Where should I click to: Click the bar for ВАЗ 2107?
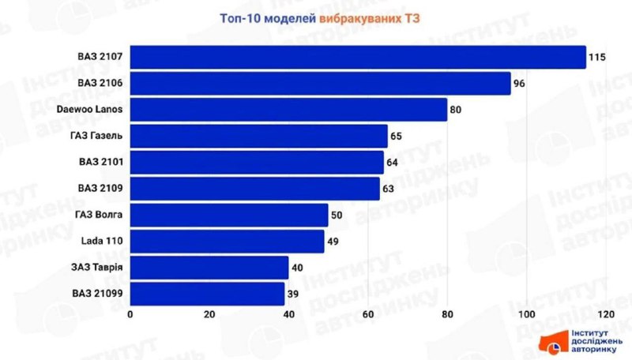[x=358, y=57]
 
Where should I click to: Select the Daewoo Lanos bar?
[x=288, y=110]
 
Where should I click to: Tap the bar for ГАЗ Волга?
[x=229, y=215]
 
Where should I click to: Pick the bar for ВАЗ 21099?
[x=207, y=294]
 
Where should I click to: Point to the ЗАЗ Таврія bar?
[x=209, y=268]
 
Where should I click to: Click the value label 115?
[x=597, y=57]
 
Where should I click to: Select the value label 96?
[x=520, y=83]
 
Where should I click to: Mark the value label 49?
[x=333, y=242]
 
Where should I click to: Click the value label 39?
[x=294, y=294]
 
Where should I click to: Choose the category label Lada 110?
[x=103, y=242]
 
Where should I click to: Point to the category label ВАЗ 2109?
[x=100, y=189]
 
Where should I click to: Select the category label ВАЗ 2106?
[x=100, y=83]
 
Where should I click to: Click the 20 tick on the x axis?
[x=209, y=315]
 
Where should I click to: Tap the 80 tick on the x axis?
[x=447, y=315]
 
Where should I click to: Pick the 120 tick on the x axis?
[x=606, y=315]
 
